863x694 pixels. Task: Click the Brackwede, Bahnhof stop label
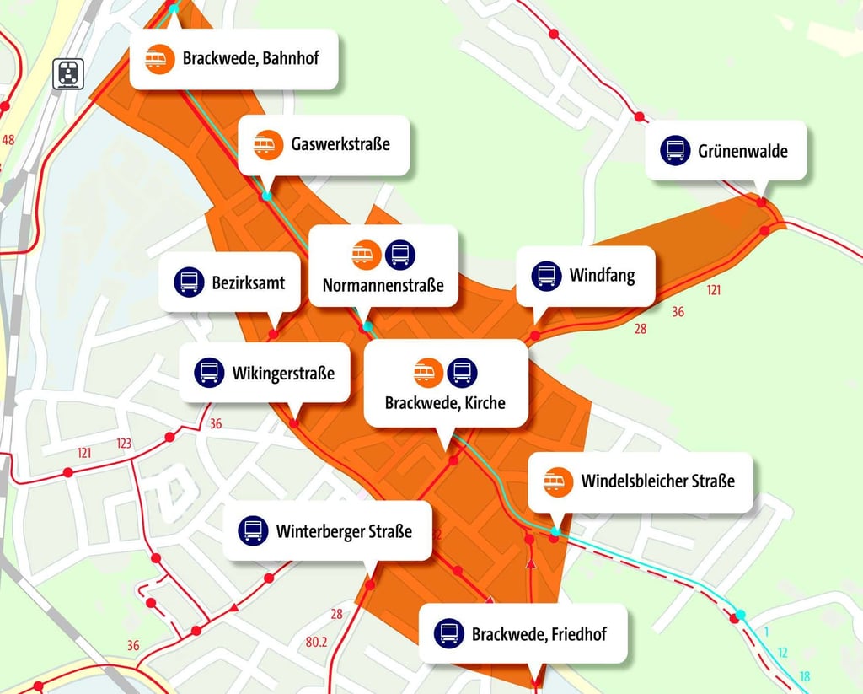click(x=250, y=59)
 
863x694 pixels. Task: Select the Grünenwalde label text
click(x=742, y=151)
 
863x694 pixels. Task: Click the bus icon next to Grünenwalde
click(x=675, y=151)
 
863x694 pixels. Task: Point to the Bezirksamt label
click(x=248, y=282)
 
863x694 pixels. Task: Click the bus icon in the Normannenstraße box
click(x=400, y=254)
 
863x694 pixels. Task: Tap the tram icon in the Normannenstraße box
click(x=367, y=254)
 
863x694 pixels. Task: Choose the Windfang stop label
click(x=602, y=275)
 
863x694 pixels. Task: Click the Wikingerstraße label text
click(x=283, y=372)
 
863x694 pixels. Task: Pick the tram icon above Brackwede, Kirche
click(x=428, y=371)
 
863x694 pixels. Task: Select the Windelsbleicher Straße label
click(x=657, y=481)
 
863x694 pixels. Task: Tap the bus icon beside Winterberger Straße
click(x=252, y=530)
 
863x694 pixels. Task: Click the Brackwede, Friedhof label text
click(x=539, y=633)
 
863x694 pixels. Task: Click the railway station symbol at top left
click(x=67, y=73)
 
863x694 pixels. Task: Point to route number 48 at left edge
click(x=9, y=139)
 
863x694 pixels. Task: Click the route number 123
click(x=124, y=444)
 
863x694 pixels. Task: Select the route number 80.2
click(x=316, y=642)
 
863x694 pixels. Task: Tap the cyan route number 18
click(x=805, y=676)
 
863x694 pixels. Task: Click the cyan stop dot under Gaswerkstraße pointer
click(x=267, y=196)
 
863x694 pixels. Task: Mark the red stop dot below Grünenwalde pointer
click(x=761, y=202)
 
